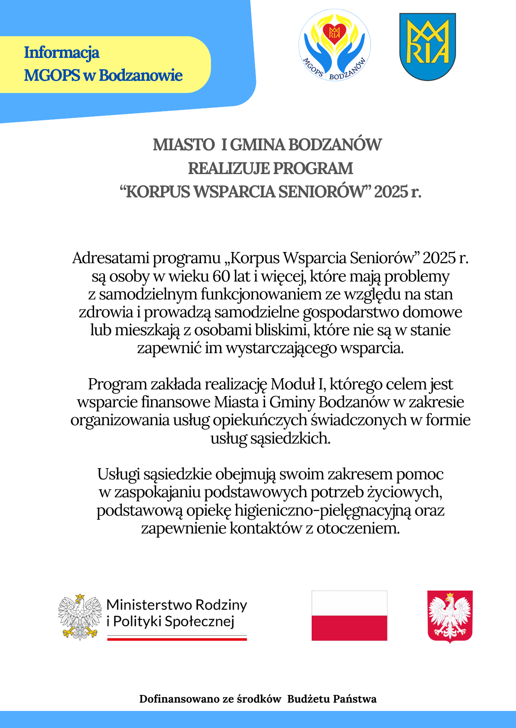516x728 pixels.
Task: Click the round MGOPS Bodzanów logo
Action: [335, 45]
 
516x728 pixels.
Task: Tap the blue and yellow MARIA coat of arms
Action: [427, 46]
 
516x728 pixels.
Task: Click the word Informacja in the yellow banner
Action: [62, 53]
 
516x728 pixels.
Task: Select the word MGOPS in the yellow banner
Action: [52, 75]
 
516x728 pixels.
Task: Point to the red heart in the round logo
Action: [335, 32]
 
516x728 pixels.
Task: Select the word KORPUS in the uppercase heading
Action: [158, 192]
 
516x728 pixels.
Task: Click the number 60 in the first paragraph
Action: [221, 276]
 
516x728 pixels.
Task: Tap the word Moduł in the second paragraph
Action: [293, 384]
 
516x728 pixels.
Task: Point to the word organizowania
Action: [120, 420]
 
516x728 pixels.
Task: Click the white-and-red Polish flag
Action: [349, 615]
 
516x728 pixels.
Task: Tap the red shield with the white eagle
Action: [450, 616]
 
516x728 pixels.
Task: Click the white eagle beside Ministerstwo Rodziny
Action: [80, 617]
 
